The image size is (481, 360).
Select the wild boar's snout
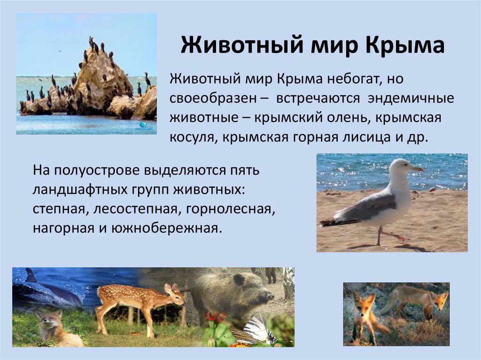269,296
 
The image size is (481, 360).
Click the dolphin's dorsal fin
31,275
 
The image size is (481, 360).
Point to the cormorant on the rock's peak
91,41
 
